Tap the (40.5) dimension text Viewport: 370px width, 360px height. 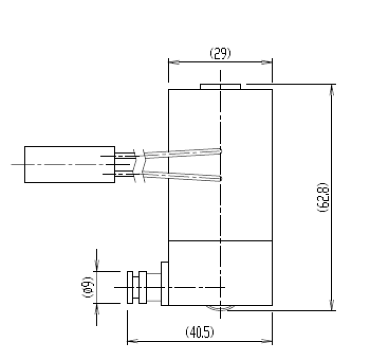click(x=199, y=333)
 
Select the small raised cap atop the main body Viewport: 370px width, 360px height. click(x=220, y=86)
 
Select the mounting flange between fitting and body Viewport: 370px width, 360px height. click(x=165, y=284)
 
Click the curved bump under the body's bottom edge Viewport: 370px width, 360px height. click(x=220, y=308)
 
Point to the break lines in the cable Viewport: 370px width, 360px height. click(x=137, y=165)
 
